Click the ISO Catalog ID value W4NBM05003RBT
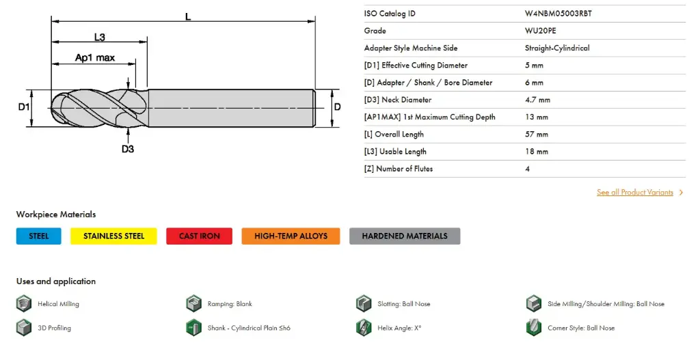(x=558, y=14)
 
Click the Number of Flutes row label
(x=398, y=169)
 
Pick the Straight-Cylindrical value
(x=556, y=48)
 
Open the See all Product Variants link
(x=635, y=193)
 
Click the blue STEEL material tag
(x=39, y=236)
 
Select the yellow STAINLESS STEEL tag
(x=113, y=236)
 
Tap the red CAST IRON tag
(x=199, y=236)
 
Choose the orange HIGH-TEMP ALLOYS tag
(x=291, y=236)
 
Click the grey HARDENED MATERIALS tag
(x=405, y=236)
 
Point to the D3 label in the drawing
(x=127, y=149)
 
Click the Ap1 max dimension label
(x=94, y=58)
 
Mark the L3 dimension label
(x=99, y=38)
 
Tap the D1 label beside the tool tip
(x=24, y=107)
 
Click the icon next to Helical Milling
(x=24, y=303)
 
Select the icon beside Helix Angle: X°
(x=364, y=327)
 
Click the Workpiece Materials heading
(x=56, y=214)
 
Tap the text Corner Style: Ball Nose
(x=581, y=328)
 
